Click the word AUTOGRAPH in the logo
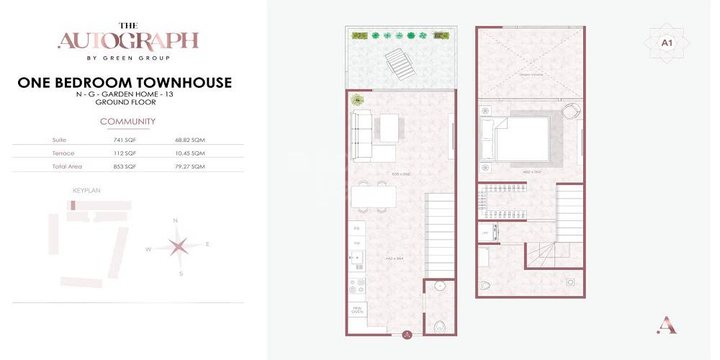127,40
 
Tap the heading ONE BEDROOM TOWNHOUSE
125,83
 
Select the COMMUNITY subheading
127,122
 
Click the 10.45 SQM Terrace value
189,153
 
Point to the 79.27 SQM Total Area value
189,166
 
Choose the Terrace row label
63,153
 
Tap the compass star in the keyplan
178,246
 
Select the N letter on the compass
176,220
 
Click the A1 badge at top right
666,43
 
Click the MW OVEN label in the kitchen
358,310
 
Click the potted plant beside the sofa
357,100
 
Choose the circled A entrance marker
407,334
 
